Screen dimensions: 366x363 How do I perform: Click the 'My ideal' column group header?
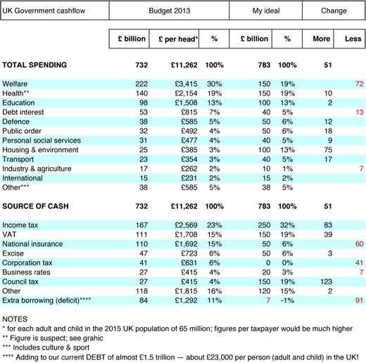[266, 11]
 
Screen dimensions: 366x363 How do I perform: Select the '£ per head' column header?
[178, 39]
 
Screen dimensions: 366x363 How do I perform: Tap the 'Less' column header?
[353, 39]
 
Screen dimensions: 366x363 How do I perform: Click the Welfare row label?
[15, 84]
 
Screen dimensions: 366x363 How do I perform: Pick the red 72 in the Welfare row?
[359, 84]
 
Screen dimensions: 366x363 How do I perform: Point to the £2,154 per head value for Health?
[186, 93]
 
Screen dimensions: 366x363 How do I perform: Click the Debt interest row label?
[23, 112]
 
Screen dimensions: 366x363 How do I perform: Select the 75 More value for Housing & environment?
[328, 150]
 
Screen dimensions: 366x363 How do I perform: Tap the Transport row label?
[18, 159]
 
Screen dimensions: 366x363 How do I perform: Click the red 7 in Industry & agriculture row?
[361, 169]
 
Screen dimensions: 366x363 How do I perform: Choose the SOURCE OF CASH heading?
[35, 206]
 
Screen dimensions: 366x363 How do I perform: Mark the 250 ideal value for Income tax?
[264, 225]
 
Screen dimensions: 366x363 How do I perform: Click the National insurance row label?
[32, 244]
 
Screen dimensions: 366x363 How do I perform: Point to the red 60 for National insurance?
[359, 244]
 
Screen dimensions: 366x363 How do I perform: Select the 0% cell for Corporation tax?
[287, 263]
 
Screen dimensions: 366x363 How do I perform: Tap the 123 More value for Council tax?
[326, 282]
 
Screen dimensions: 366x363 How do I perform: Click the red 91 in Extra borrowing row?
[359, 301]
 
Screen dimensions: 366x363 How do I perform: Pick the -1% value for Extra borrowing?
[287, 301]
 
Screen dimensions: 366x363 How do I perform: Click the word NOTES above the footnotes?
[15, 319]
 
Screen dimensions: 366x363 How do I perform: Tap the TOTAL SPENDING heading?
[34, 65]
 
